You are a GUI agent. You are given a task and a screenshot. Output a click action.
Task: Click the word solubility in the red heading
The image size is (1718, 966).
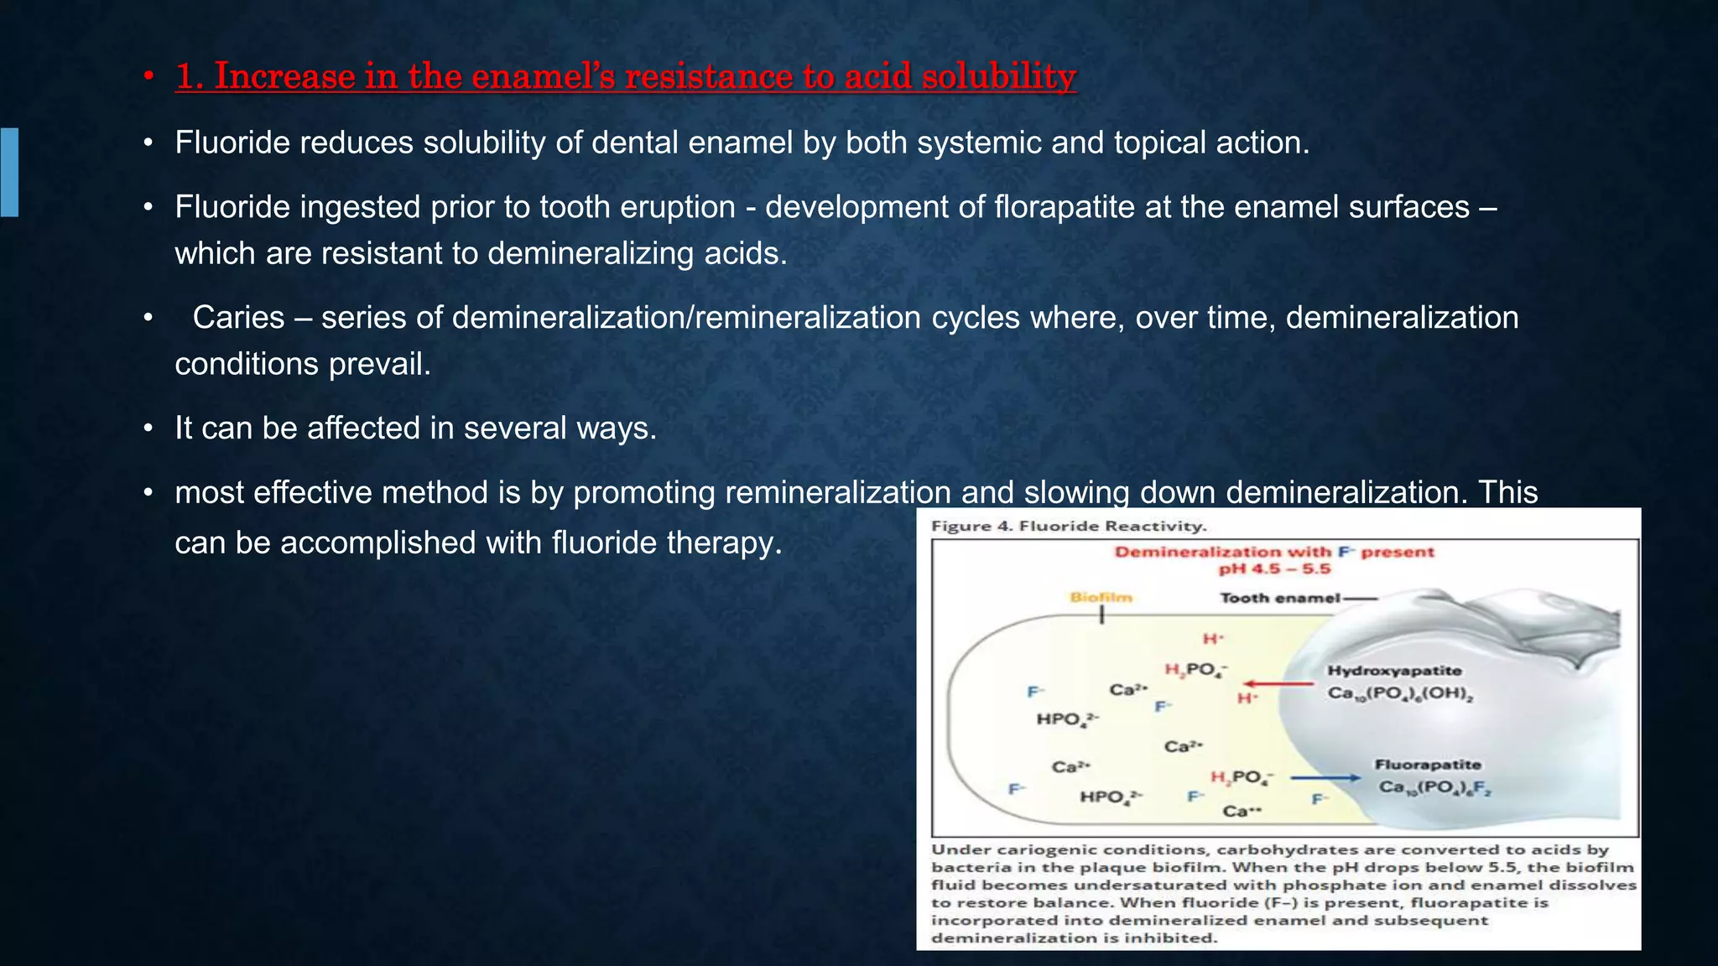pyautogui.click(x=998, y=76)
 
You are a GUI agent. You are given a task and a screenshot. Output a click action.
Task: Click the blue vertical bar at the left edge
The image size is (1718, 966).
pyautogui.click(x=9, y=172)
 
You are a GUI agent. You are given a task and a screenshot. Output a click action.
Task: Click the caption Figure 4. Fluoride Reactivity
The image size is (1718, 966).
pyautogui.click(x=1069, y=527)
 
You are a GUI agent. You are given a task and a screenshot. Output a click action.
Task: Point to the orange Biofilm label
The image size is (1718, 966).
pyautogui.click(x=1101, y=597)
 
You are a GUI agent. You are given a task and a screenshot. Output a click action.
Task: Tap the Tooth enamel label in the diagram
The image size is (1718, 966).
pyautogui.click(x=1279, y=598)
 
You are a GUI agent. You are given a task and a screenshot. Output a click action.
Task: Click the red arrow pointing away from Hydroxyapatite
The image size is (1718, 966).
pyautogui.click(x=1278, y=684)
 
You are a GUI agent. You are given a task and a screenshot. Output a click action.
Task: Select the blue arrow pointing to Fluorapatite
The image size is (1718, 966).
pyautogui.click(x=1325, y=778)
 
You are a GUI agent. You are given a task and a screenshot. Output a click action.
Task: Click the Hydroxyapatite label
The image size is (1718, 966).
pyautogui.click(x=1394, y=671)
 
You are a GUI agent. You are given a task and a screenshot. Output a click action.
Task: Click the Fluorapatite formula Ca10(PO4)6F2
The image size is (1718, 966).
pyautogui.click(x=1434, y=787)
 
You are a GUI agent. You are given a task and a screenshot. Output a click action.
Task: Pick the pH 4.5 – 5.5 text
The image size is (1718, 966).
pyautogui.click(x=1274, y=569)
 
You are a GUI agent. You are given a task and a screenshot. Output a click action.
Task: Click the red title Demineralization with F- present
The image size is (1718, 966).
pyautogui.click(x=1274, y=552)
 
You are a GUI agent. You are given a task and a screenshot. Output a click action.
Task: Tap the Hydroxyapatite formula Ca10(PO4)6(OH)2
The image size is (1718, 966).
pyautogui.click(x=1400, y=694)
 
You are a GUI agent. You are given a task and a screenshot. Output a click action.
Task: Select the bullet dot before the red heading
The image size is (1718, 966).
pyautogui.click(x=148, y=77)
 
